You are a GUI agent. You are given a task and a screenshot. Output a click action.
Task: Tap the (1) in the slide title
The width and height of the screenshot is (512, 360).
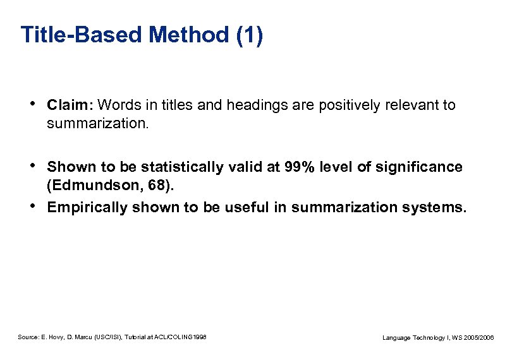[249, 35]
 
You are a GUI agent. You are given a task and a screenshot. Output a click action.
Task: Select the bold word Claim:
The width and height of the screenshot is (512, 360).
[70, 105]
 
